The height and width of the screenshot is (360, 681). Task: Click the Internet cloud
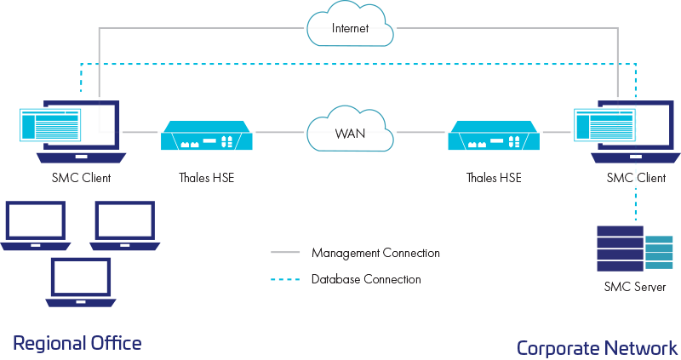pos(350,28)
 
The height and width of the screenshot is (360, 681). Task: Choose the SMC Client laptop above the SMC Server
pos(630,132)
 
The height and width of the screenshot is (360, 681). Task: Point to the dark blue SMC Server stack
pos(619,247)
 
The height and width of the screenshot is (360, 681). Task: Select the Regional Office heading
pos(77,343)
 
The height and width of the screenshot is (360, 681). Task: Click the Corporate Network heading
pos(597,347)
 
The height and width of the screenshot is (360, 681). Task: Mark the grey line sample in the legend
pos(285,253)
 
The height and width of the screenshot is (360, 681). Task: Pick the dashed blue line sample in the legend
pos(285,279)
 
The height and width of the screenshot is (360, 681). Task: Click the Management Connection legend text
pos(375,253)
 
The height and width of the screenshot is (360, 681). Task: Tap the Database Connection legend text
pos(366,279)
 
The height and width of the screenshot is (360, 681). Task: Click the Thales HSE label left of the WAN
pos(206,178)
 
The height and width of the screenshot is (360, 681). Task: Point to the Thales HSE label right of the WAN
pos(494,178)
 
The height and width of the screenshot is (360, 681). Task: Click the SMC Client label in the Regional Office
pos(81,178)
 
